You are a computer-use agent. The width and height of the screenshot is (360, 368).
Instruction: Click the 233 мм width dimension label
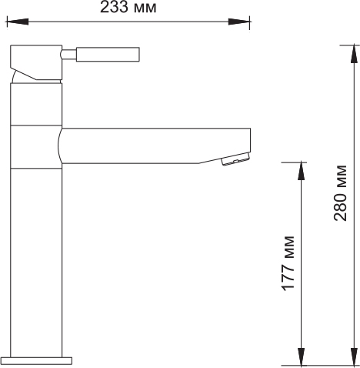coord(128,7)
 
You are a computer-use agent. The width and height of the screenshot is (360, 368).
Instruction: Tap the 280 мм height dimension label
coord(340,192)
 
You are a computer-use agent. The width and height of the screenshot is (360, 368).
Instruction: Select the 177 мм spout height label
coord(288,263)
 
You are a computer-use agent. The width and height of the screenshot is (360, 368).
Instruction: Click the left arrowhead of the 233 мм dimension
coord(17,22)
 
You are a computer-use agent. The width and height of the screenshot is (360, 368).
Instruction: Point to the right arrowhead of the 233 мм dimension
coord(239,22)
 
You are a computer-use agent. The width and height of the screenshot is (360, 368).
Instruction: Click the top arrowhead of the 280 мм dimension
coord(354,54)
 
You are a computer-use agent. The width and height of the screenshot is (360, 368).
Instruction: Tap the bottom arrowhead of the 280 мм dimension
coord(354,356)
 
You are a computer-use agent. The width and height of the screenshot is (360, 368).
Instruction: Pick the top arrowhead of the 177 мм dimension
coord(302,171)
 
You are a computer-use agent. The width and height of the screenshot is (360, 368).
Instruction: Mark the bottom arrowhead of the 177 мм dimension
coord(302,356)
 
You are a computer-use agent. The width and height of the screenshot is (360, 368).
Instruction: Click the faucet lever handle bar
coord(108,55)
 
